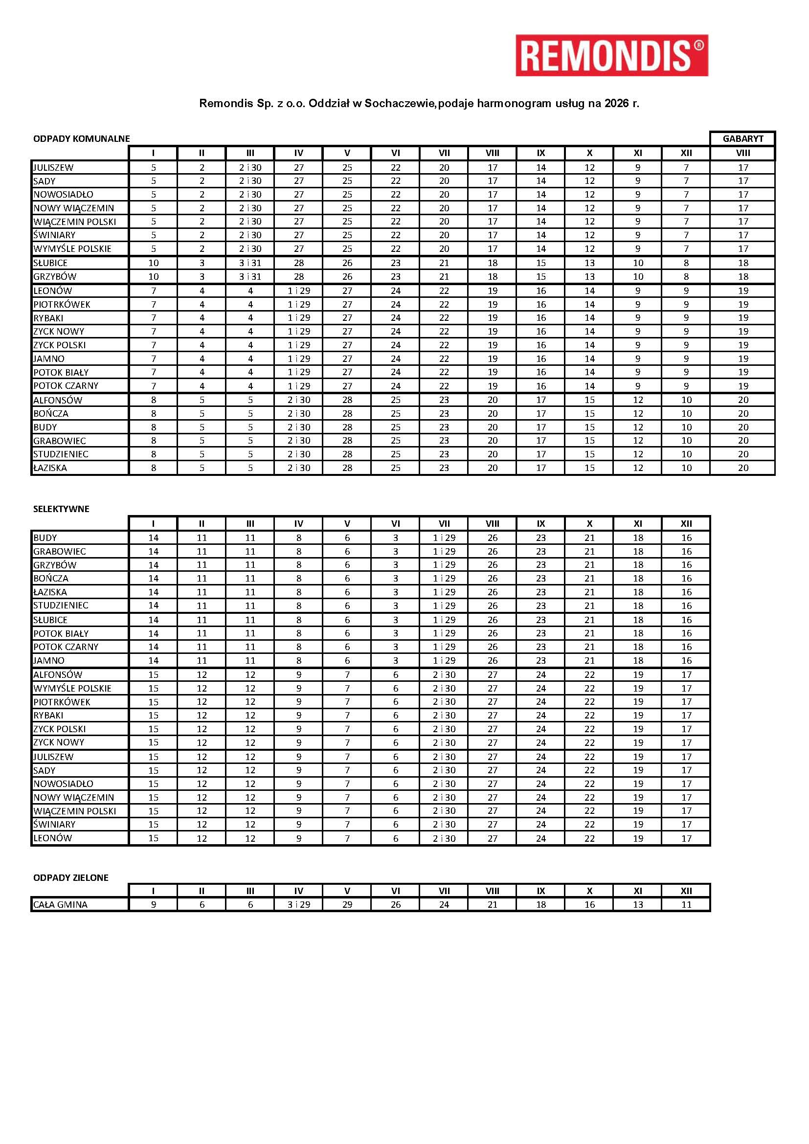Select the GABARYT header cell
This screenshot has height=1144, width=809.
point(742,139)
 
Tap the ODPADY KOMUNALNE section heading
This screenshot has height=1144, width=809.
point(81,139)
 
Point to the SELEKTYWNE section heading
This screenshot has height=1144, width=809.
point(61,509)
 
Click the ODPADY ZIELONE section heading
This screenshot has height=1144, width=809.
point(71,877)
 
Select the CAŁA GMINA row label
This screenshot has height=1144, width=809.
point(60,904)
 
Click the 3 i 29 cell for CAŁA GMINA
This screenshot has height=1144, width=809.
point(298,904)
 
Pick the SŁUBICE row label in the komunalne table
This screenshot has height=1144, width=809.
point(50,263)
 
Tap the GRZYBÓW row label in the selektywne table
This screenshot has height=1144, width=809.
point(55,565)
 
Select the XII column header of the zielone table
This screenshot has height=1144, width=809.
point(686,891)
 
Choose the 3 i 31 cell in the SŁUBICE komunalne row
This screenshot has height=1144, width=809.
point(250,263)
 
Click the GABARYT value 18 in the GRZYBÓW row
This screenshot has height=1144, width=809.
point(743,276)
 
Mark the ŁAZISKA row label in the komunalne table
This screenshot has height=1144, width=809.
point(50,468)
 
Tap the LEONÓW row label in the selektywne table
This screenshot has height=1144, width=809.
point(52,838)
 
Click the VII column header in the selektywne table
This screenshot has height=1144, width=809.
point(444,524)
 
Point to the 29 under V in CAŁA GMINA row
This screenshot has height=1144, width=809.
point(347,904)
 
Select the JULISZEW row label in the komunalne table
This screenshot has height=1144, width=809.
point(53,167)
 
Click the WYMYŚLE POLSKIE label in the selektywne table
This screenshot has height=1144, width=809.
point(72,688)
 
